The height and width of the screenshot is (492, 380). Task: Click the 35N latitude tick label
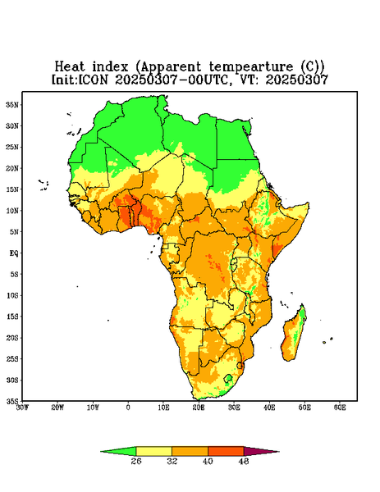point(12,105)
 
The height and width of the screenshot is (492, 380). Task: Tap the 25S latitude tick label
point(12,358)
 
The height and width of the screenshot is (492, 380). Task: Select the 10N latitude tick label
point(12,211)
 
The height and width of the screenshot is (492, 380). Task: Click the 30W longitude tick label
point(22,408)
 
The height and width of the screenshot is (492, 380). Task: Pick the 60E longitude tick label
point(340,408)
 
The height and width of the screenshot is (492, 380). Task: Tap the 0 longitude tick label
point(128,408)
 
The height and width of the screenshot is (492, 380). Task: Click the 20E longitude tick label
point(199,408)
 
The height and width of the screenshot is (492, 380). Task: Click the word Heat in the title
point(70,66)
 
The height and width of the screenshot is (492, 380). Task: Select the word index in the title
point(111,66)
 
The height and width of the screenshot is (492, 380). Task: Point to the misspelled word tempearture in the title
point(251,67)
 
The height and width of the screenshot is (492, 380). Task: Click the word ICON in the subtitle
point(93,80)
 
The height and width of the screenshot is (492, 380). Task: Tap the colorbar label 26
point(136,461)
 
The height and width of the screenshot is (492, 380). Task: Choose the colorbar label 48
point(244,461)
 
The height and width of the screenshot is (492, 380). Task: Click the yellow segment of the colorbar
point(153,451)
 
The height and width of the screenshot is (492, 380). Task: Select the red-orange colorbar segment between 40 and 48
point(226,451)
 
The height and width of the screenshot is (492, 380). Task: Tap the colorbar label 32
point(172,461)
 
